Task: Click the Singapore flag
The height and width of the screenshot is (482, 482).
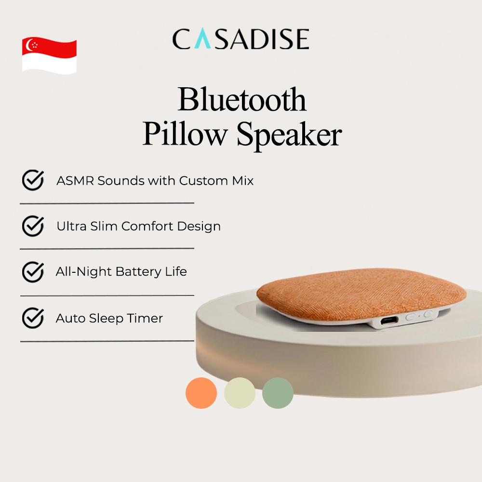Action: point(49,55)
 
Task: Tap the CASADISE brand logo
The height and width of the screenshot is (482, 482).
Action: point(241,39)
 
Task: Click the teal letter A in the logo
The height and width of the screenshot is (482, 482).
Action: point(202,39)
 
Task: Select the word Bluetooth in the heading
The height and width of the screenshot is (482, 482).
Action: point(242,99)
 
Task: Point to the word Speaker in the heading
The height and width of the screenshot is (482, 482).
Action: point(289,135)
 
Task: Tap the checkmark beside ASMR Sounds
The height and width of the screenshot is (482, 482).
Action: point(33,180)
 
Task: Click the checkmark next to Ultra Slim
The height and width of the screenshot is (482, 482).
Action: point(33,226)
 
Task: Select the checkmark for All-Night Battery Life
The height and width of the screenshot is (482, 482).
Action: point(33,272)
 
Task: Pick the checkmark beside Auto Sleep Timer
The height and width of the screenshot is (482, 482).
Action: point(33,318)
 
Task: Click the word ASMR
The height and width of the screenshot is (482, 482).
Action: point(75,181)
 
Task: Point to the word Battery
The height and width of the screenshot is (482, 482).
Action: point(138,272)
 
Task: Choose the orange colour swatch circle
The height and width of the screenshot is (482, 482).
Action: point(201,393)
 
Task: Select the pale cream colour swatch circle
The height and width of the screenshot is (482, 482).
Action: point(240,393)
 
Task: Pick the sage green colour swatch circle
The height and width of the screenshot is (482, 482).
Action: point(278,393)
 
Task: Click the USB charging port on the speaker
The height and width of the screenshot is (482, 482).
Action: point(389,321)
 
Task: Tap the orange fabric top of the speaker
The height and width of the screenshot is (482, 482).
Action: point(361,294)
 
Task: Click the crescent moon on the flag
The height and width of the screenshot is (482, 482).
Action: point(29,45)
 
